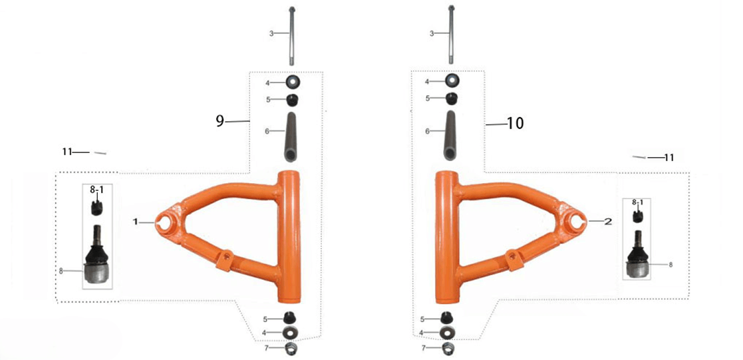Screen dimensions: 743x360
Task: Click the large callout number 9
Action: click(x=220, y=121)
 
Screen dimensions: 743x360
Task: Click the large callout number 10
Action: click(x=515, y=124)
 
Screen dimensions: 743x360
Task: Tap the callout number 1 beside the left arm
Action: click(x=136, y=222)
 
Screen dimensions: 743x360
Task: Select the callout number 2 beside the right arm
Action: click(x=608, y=222)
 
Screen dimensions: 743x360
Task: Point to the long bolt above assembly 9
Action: click(x=293, y=35)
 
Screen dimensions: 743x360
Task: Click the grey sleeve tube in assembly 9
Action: click(x=290, y=138)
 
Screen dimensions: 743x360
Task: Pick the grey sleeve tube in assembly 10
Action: click(x=450, y=136)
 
